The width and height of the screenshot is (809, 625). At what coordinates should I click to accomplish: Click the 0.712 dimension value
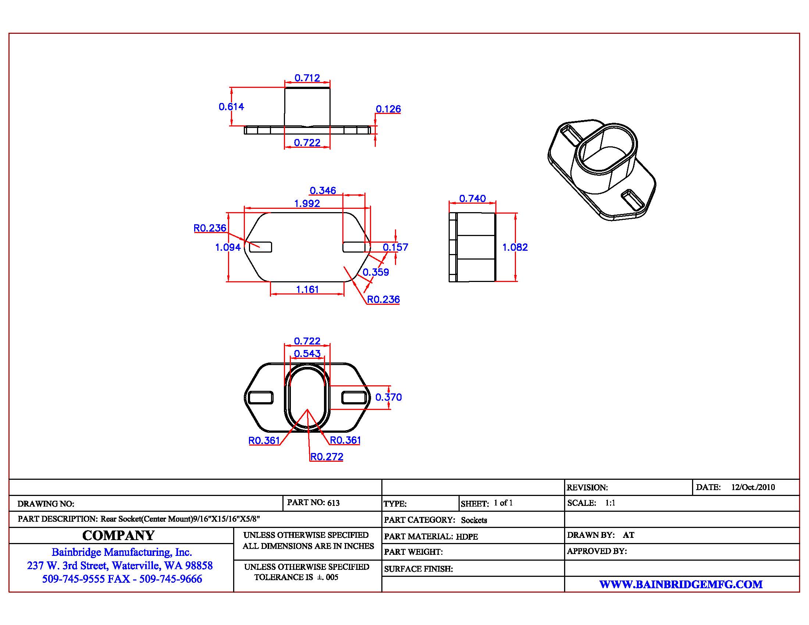[x=307, y=78]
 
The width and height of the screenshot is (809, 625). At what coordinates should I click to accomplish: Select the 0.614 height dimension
[x=231, y=107]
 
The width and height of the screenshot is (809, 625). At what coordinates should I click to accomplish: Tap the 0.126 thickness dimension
[x=388, y=109]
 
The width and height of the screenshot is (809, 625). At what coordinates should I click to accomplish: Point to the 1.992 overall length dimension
[x=307, y=203]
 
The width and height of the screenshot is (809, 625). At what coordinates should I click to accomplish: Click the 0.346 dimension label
[x=322, y=190]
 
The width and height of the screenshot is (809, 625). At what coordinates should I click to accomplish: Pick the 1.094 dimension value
[x=228, y=247]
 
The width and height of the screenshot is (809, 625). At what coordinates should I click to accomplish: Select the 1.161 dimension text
[x=307, y=289]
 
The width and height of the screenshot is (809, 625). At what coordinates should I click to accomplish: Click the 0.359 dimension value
[x=375, y=272]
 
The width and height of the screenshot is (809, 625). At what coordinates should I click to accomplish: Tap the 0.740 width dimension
[x=472, y=199]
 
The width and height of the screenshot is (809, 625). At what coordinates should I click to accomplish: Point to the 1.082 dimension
[x=515, y=247]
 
